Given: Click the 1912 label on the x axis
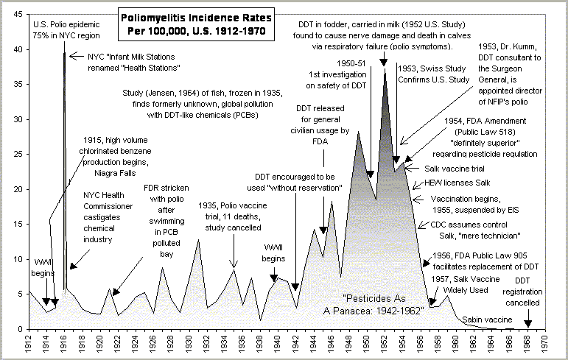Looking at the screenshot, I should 29,344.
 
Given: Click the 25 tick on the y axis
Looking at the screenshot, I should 15,154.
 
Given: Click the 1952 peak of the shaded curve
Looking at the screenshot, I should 385,70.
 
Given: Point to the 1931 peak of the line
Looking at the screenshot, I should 198,240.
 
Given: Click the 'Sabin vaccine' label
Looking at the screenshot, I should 487,320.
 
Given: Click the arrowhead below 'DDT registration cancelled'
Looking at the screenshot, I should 527,325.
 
